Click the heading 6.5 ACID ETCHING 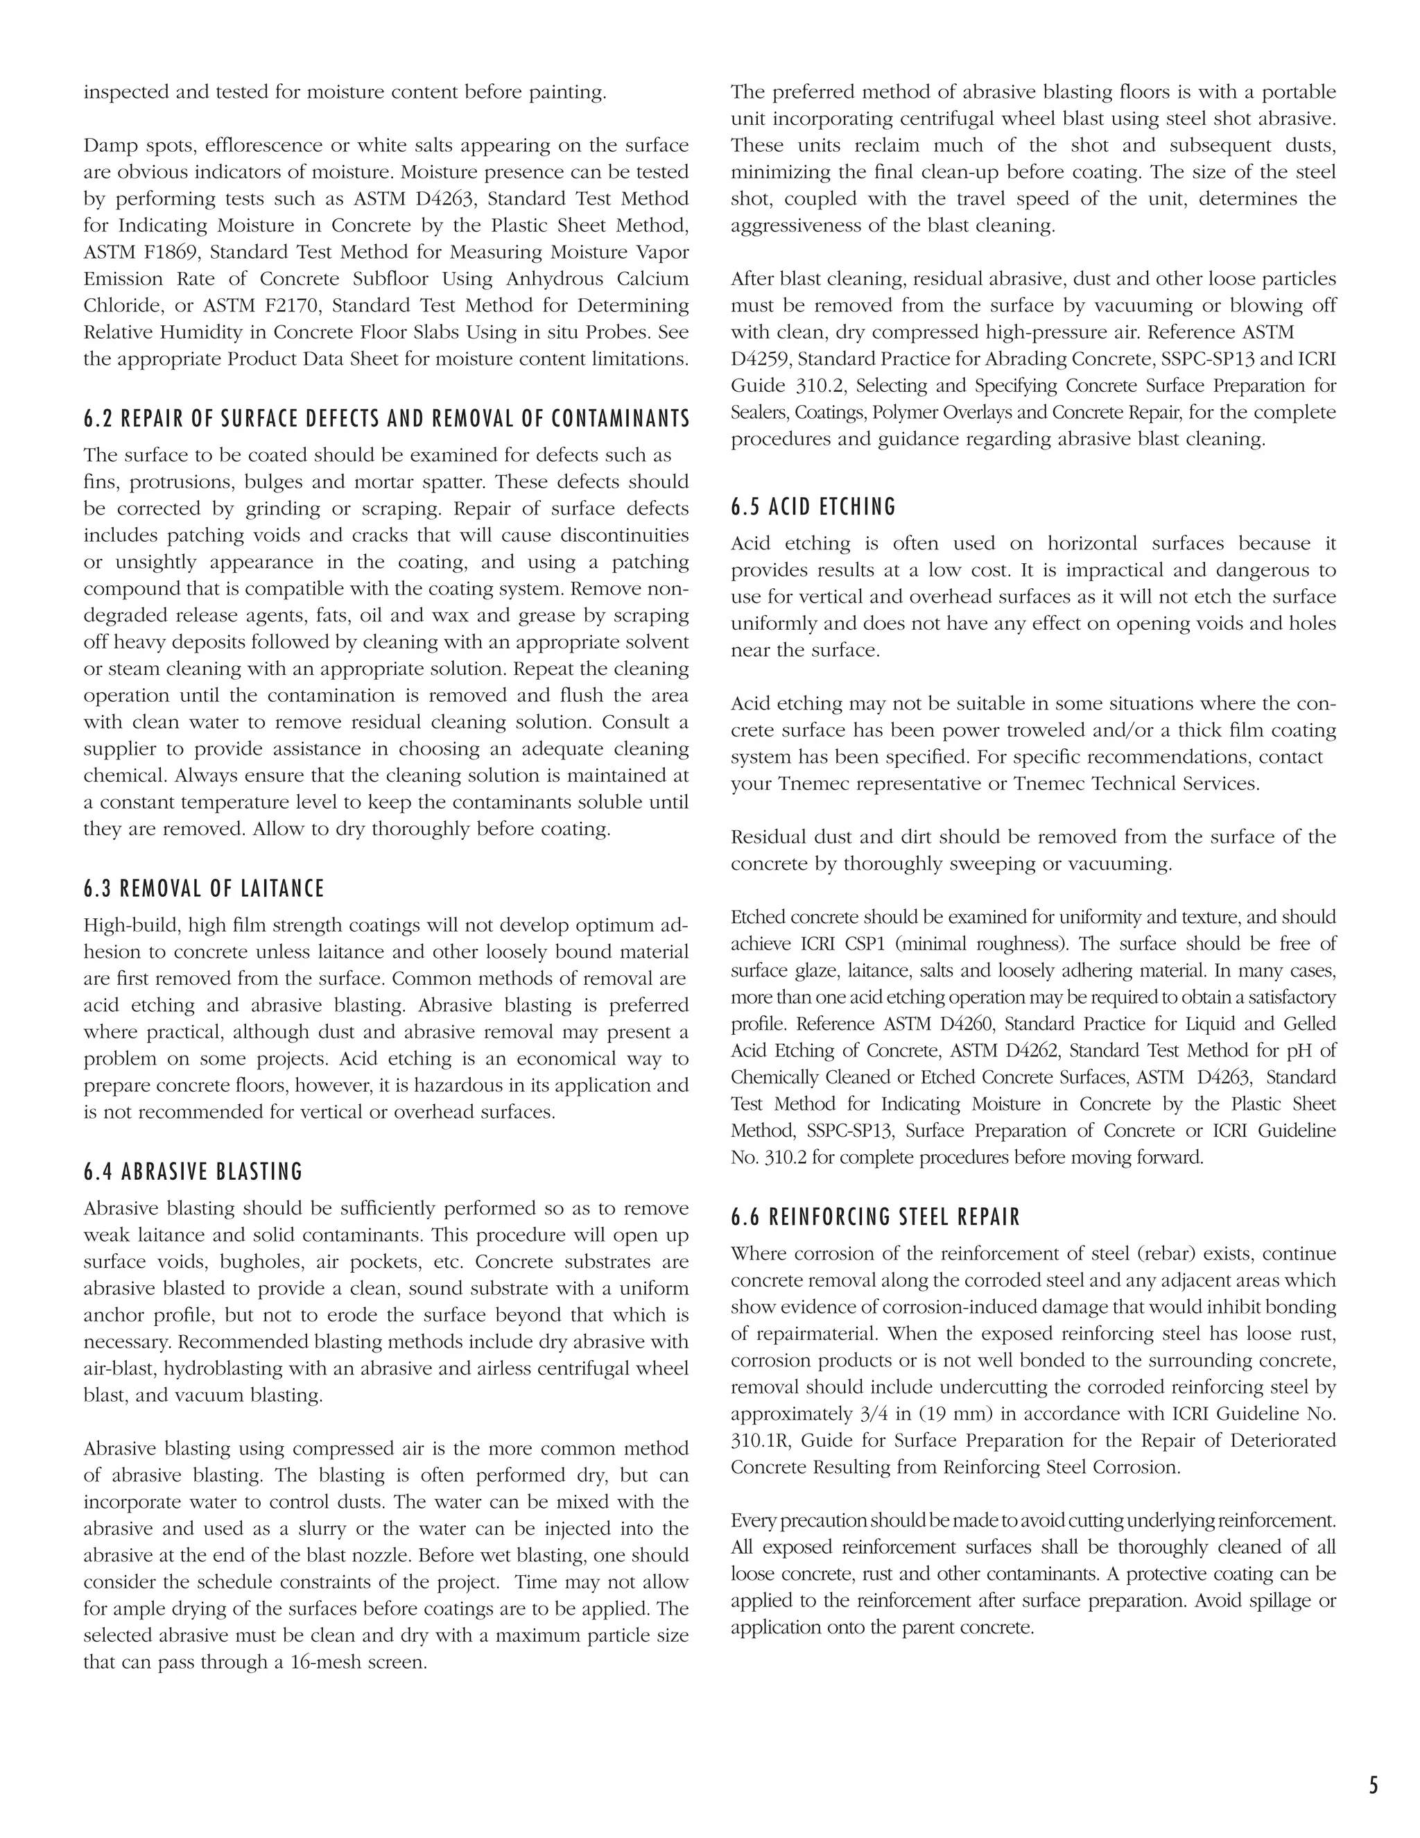point(813,506)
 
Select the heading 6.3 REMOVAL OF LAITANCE point(204,888)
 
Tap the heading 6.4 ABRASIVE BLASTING point(193,1171)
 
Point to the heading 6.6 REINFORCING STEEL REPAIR point(875,1217)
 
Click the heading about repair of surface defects point(386,418)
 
